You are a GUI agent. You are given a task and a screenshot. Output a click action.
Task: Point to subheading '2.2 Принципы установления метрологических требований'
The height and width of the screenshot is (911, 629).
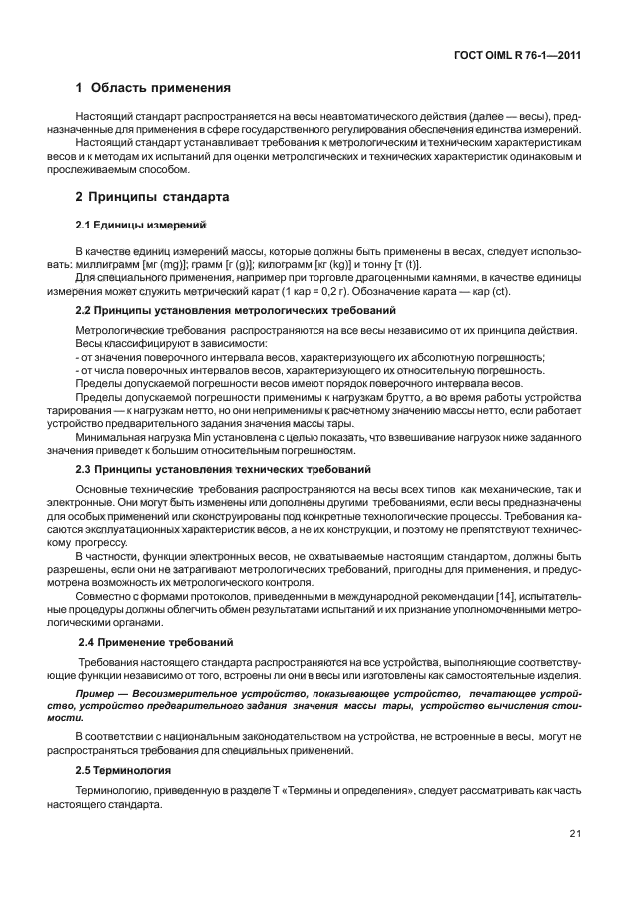pyautogui.click(x=224, y=312)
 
